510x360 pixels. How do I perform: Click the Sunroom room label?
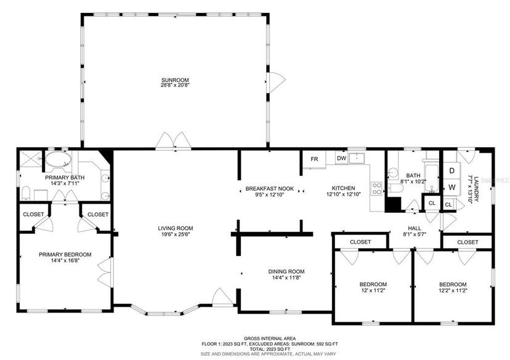[176, 80]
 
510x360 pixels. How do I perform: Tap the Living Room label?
[176, 228]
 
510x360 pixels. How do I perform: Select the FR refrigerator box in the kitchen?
[314, 159]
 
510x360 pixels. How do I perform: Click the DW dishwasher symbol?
[341, 158]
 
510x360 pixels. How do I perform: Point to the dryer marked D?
[451, 170]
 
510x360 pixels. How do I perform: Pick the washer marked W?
[451, 187]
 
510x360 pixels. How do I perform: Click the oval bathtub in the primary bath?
[59, 159]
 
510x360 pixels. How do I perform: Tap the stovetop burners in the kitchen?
[377, 188]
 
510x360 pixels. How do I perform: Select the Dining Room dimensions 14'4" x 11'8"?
[286, 278]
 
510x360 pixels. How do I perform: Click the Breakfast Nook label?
[270, 188]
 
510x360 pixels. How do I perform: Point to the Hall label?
[415, 228]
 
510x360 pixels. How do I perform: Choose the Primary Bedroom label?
[65, 254]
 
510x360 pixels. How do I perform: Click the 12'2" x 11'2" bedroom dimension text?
[453, 291]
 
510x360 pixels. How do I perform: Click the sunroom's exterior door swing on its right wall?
[276, 81]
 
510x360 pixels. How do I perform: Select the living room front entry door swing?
[222, 297]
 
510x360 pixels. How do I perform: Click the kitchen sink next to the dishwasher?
[357, 158]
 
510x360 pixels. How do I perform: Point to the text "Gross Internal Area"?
[270, 338]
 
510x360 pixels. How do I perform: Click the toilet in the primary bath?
[26, 193]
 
